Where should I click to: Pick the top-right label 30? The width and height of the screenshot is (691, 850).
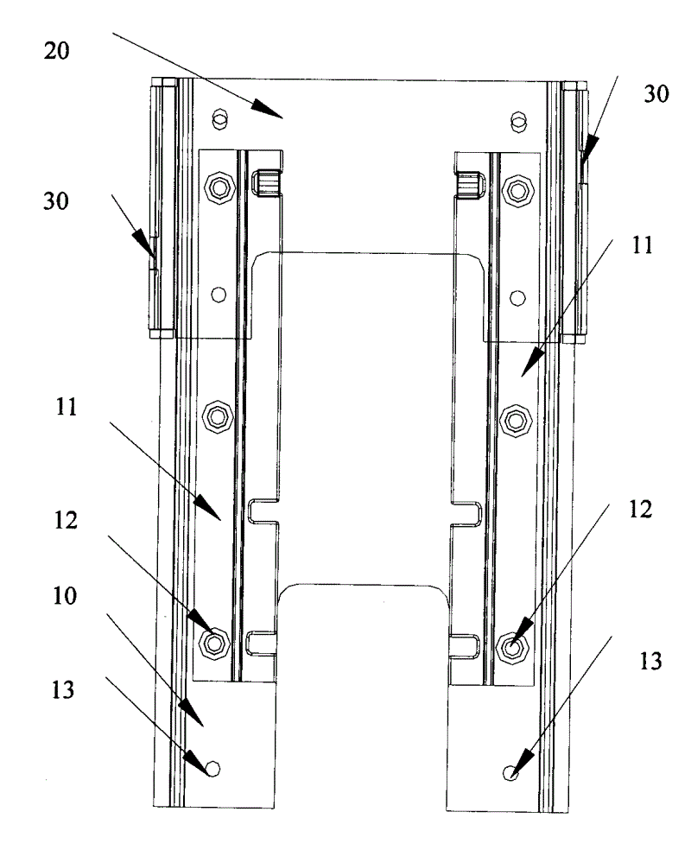point(656,96)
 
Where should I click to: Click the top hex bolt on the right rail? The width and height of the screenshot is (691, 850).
point(518,187)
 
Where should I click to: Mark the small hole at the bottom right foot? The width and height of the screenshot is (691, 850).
point(513,773)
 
